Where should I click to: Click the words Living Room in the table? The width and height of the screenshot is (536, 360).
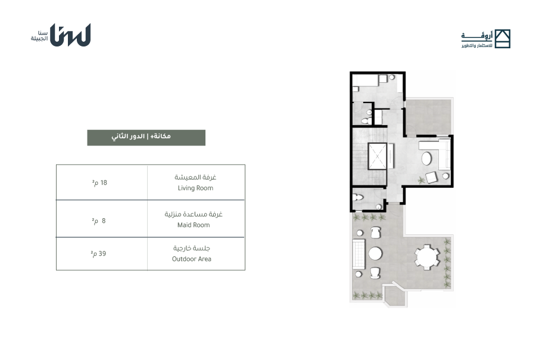(x=195, y=188)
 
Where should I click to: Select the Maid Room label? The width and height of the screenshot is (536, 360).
(x=194, y=225)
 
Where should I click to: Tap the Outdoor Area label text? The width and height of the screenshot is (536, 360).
(x=191, y=259)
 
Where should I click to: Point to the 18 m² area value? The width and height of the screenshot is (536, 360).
(x=99, y=183)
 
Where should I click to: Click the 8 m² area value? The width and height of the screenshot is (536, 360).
(x=99, y=221)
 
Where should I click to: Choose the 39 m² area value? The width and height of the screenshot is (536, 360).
(x=98, y=253)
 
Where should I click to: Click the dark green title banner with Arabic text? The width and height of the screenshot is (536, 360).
(x=147, y=138)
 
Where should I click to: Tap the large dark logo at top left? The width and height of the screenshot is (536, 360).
(x=70, y=35)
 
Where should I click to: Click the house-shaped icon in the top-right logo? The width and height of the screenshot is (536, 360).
(x=503, y=39)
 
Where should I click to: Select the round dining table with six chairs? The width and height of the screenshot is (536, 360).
(x=426, y=257)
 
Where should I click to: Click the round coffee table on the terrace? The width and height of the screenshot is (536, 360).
(x=375, y=254)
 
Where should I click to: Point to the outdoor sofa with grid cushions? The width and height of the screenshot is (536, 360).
(x=359, y=254)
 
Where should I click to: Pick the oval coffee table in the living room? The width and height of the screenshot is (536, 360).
(x=426, y=159)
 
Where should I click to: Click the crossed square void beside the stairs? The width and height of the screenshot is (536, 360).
(x=378, y=156)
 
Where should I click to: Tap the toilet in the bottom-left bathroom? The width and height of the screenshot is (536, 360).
(x=358, y=197)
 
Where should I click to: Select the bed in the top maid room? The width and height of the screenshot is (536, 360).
(x=366, y=80)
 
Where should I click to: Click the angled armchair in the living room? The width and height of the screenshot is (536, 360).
(x=431, y=178)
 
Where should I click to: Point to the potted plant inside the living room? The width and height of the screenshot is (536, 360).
(x=420, y=179)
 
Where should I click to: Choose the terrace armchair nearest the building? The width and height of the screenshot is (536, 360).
(x=375, y=232)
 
